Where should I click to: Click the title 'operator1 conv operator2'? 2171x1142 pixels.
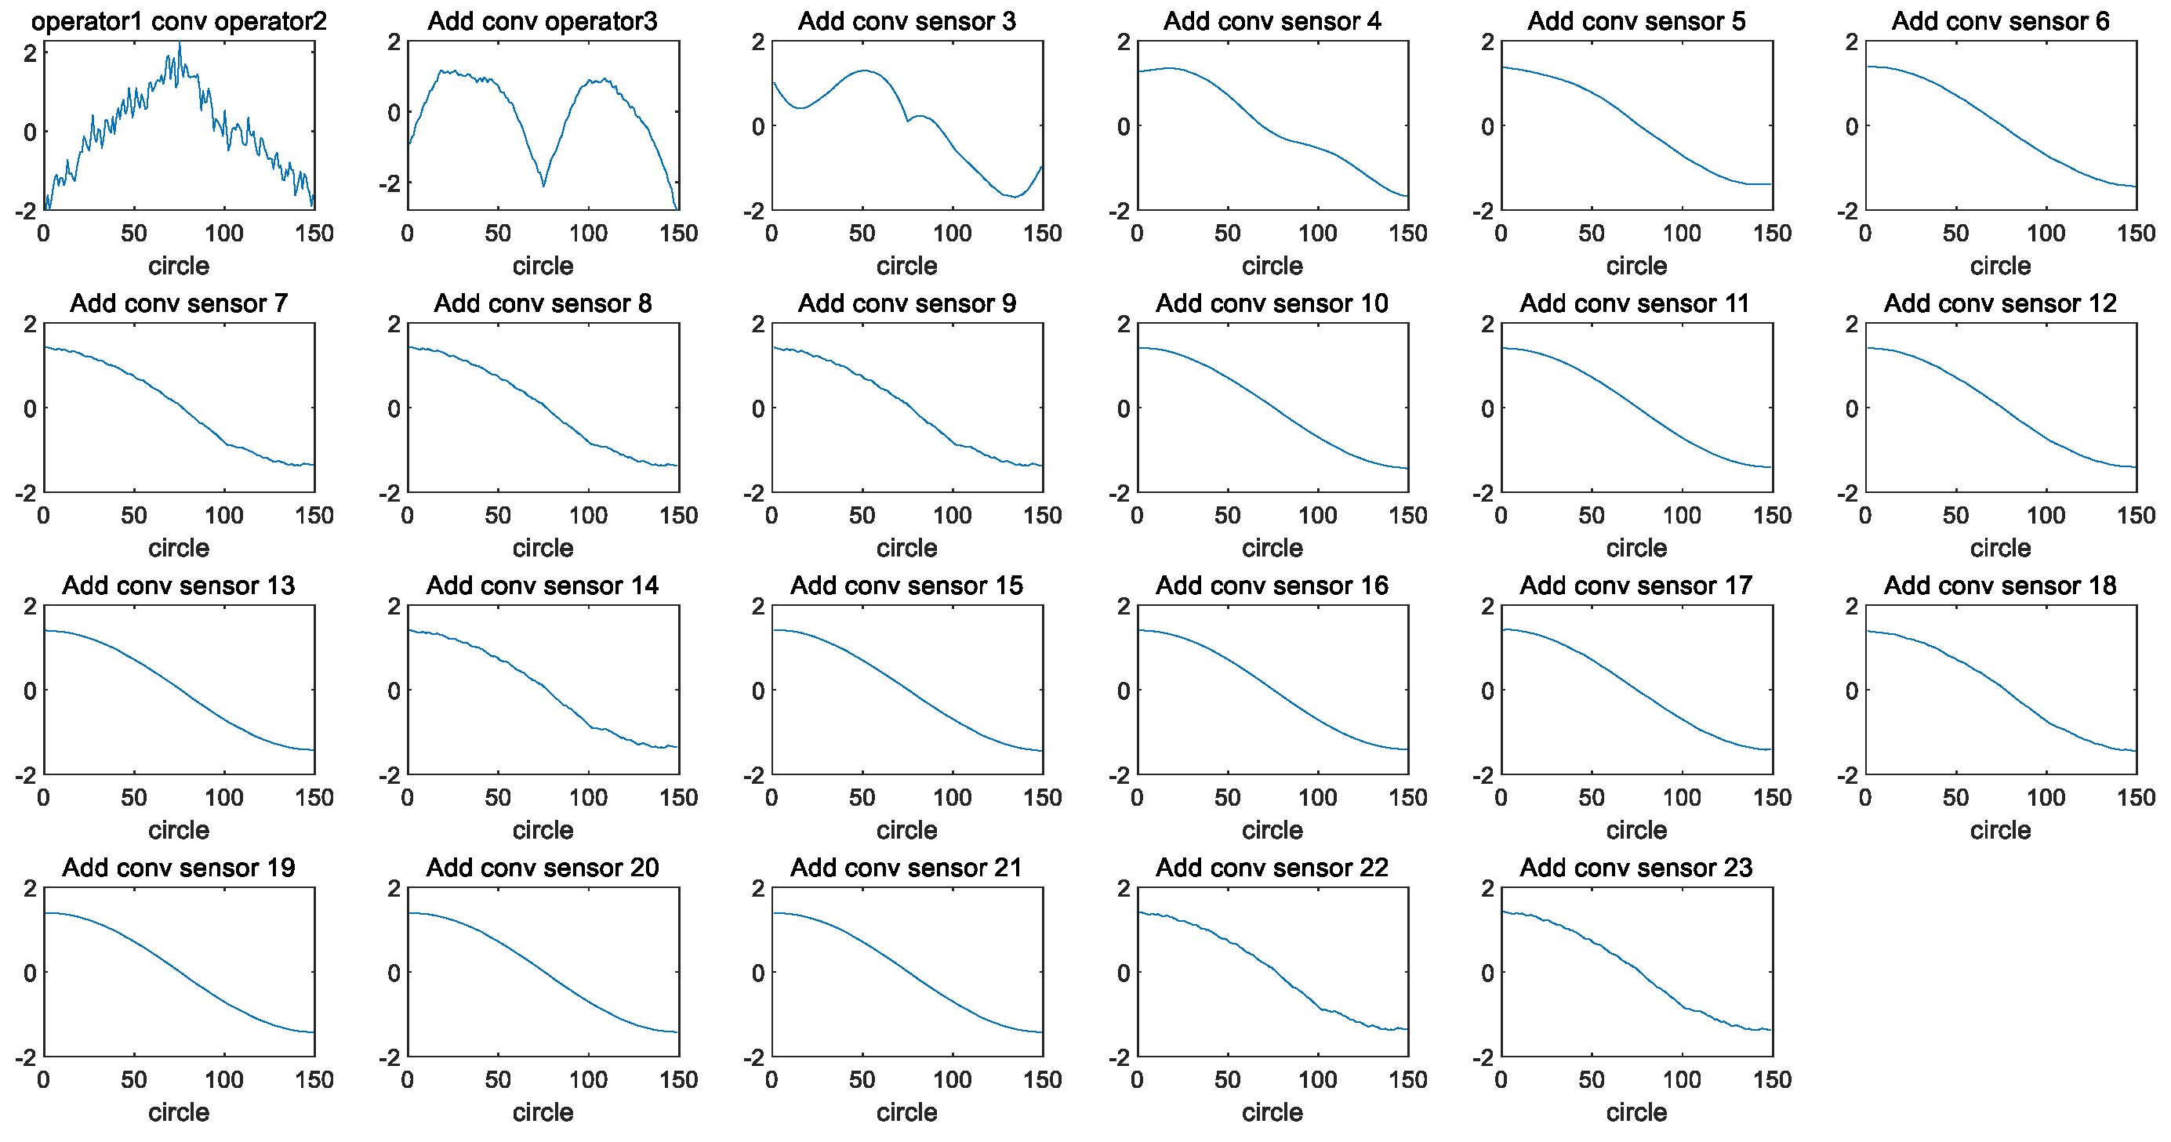tap(179, 21)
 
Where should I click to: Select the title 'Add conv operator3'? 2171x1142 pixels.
tap(542, 21)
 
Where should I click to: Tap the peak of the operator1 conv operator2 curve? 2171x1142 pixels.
tap(179, 45)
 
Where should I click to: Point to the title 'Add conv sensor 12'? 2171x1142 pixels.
tap(2000, 303)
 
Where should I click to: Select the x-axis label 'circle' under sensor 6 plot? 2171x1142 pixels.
tap(2000, 266)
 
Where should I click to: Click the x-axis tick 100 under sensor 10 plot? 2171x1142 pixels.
tap(1317, 516)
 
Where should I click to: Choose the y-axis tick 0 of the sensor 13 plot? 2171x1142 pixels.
tap(31, 691)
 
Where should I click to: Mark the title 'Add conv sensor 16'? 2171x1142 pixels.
tap(1272, 586)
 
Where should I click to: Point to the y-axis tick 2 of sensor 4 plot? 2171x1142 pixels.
tap(1124, 42)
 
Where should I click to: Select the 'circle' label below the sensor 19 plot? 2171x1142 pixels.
tap(179, 1112)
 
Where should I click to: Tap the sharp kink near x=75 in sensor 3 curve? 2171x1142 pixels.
tap(908, 121)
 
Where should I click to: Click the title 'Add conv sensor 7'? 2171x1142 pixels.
tap(179, 303)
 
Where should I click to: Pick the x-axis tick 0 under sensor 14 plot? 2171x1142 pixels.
tap(408, 797)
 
